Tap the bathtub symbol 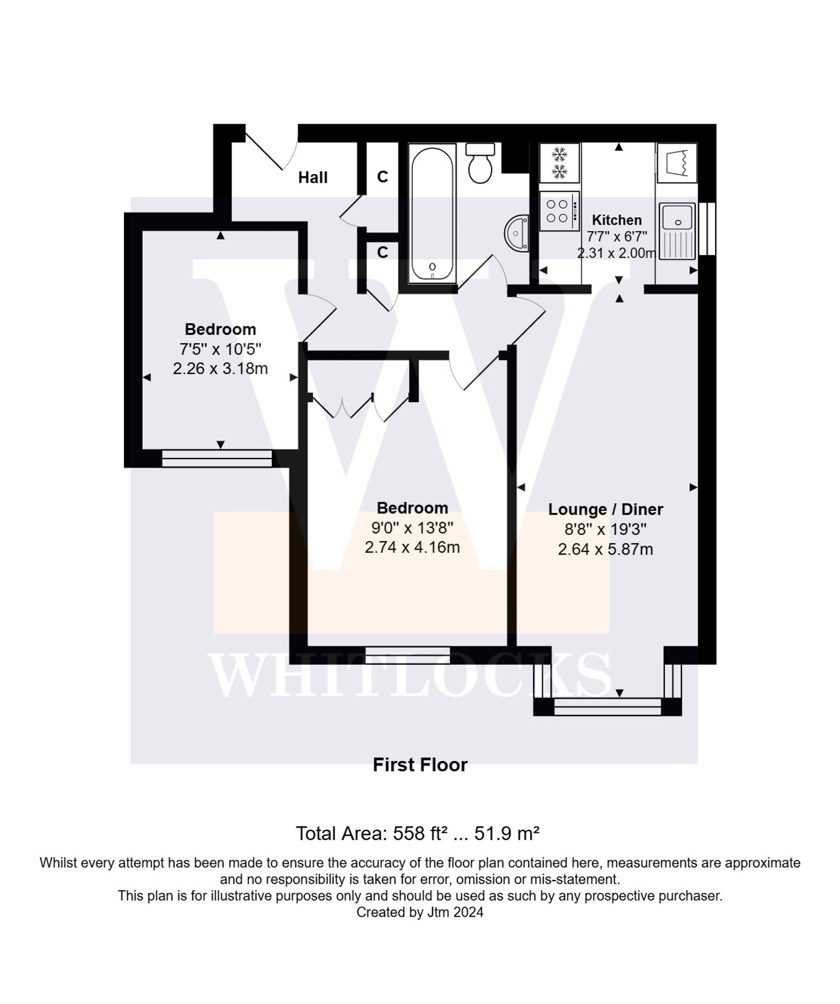pyautogui.click(x=432, y=214)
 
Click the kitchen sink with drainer pyautogui.click(x=677, y=231)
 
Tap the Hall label pyautogui.click(x=312, y=178)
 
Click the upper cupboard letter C pyautogui.click(x=382, y=177)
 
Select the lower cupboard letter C pyautogui.click(x=382, y=252)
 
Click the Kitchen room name pyautogui.click(x=617, y=220)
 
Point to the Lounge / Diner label pyautogui.click(x=605, y=509)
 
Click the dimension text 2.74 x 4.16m pyautogui.click(x=412, y=547)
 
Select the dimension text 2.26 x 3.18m pyautogui.click(x=220, y=369)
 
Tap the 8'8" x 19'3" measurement pyautogui.click(x=605, y=529)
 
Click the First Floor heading pyautogui.click(x=420, y=765)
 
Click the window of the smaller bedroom pyautogui.click(x=217, y=458)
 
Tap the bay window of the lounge pyautogui.click(x=607, y=706)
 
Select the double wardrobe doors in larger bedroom pyautogui.click(x=359, y=406)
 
